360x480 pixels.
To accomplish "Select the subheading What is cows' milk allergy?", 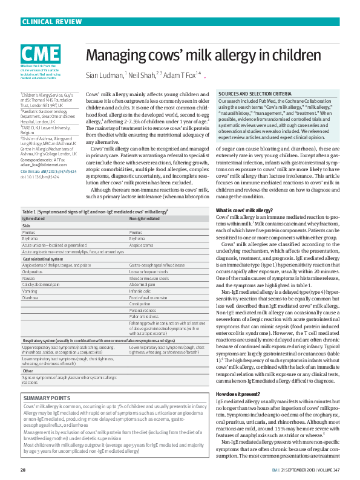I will [x=244, y=210].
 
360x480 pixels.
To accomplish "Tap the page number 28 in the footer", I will [x=23, y=470].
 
